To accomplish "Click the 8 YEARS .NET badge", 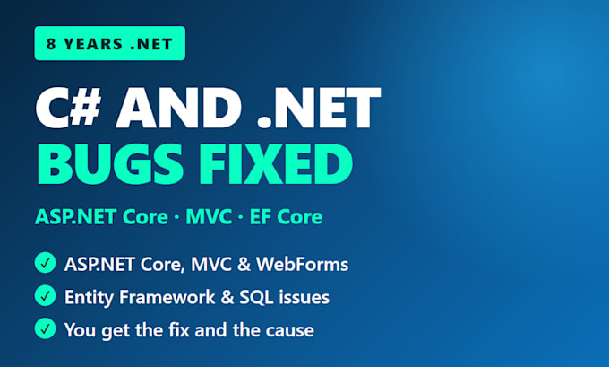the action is pyautogui.click(x=110, y=43).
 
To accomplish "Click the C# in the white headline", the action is pyautogui.click(x=68, y=108).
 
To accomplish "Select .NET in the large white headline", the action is pyautogui.click(x=319, y=108).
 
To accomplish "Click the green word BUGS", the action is pyautogui.click(x=110, y=164).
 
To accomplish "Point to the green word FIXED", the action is pyautogui.click(x=276, y=164).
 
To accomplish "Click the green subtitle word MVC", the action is pyautogui.click(x=209, y=217).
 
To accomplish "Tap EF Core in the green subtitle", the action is pyautogui.click(x=286, y=217).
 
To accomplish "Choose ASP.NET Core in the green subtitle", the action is pyautogui.click(x=101, y=217).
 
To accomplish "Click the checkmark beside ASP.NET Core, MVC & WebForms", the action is pyautogui.click(x=45, y=263).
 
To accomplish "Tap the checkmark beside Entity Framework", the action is pyautogui.click(x=45, y=295).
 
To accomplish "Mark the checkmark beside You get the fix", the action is pyautogui.click(x=45, y=328).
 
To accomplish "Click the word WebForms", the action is pyautogui.click(x=302, y=264).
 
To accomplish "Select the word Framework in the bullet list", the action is pyautogui.click(x=167, y=297).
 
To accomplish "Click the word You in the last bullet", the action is pyautogui.click(x=80, y=330).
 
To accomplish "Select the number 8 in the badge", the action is pyautogui.click(x=51, y=44).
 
